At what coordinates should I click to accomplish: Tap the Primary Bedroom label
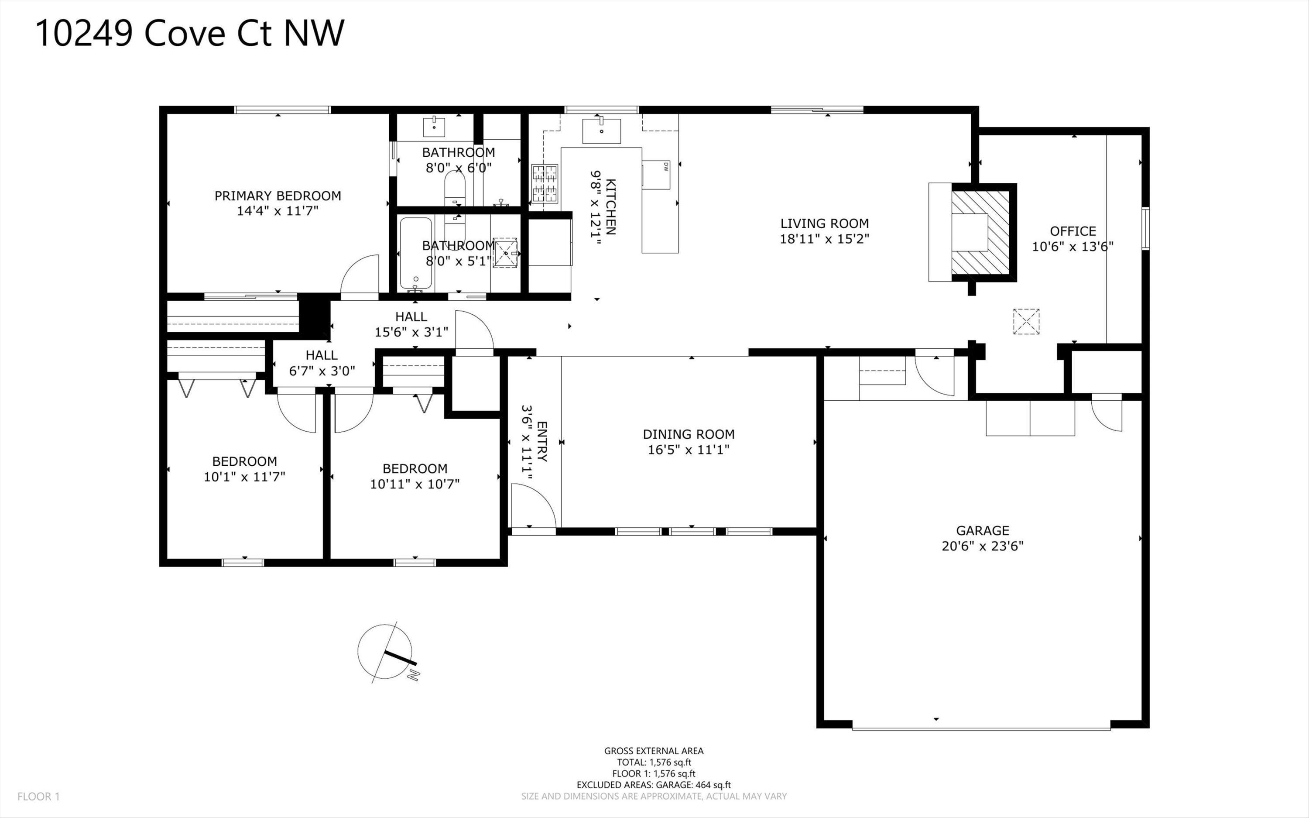(x=278, y=196)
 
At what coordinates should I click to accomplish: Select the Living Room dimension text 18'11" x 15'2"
(x=825, y=239)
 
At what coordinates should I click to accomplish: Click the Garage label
(x=983, y=530)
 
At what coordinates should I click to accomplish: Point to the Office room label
(x=1073, y=231)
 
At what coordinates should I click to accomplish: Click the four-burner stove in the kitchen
(x=545, y=183)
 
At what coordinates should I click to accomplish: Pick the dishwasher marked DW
(x=656, y=175)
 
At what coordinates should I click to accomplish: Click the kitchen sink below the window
(x=601, y=131)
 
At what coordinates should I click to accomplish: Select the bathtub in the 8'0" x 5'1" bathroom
(x=416, y=254)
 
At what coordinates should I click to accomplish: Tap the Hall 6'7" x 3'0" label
(x=322, y=362)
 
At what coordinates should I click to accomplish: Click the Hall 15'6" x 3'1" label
(x=411, y=324)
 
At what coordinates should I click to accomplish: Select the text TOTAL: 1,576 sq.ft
(x=654, y=762)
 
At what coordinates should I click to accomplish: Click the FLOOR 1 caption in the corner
(x=38, y=796)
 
